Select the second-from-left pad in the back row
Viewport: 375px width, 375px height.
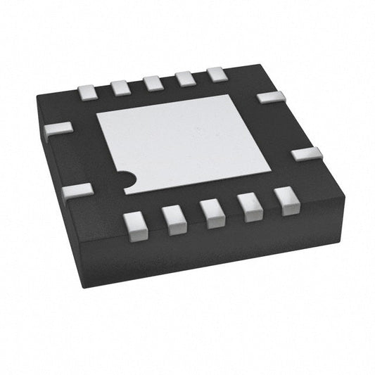[120, 87]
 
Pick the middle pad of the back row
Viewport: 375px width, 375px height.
[152, 83]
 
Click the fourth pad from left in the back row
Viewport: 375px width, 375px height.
[184, 78]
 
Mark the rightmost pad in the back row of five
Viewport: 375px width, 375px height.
[217, 73]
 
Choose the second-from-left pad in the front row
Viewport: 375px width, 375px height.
[173, 217]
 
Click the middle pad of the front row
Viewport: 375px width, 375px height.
[210, 211]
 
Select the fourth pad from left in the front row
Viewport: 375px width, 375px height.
[249, 205]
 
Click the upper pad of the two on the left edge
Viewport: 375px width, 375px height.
[58, 129]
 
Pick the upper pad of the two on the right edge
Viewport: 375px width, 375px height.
[271, 97]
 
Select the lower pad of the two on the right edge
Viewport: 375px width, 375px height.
[307, 153]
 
